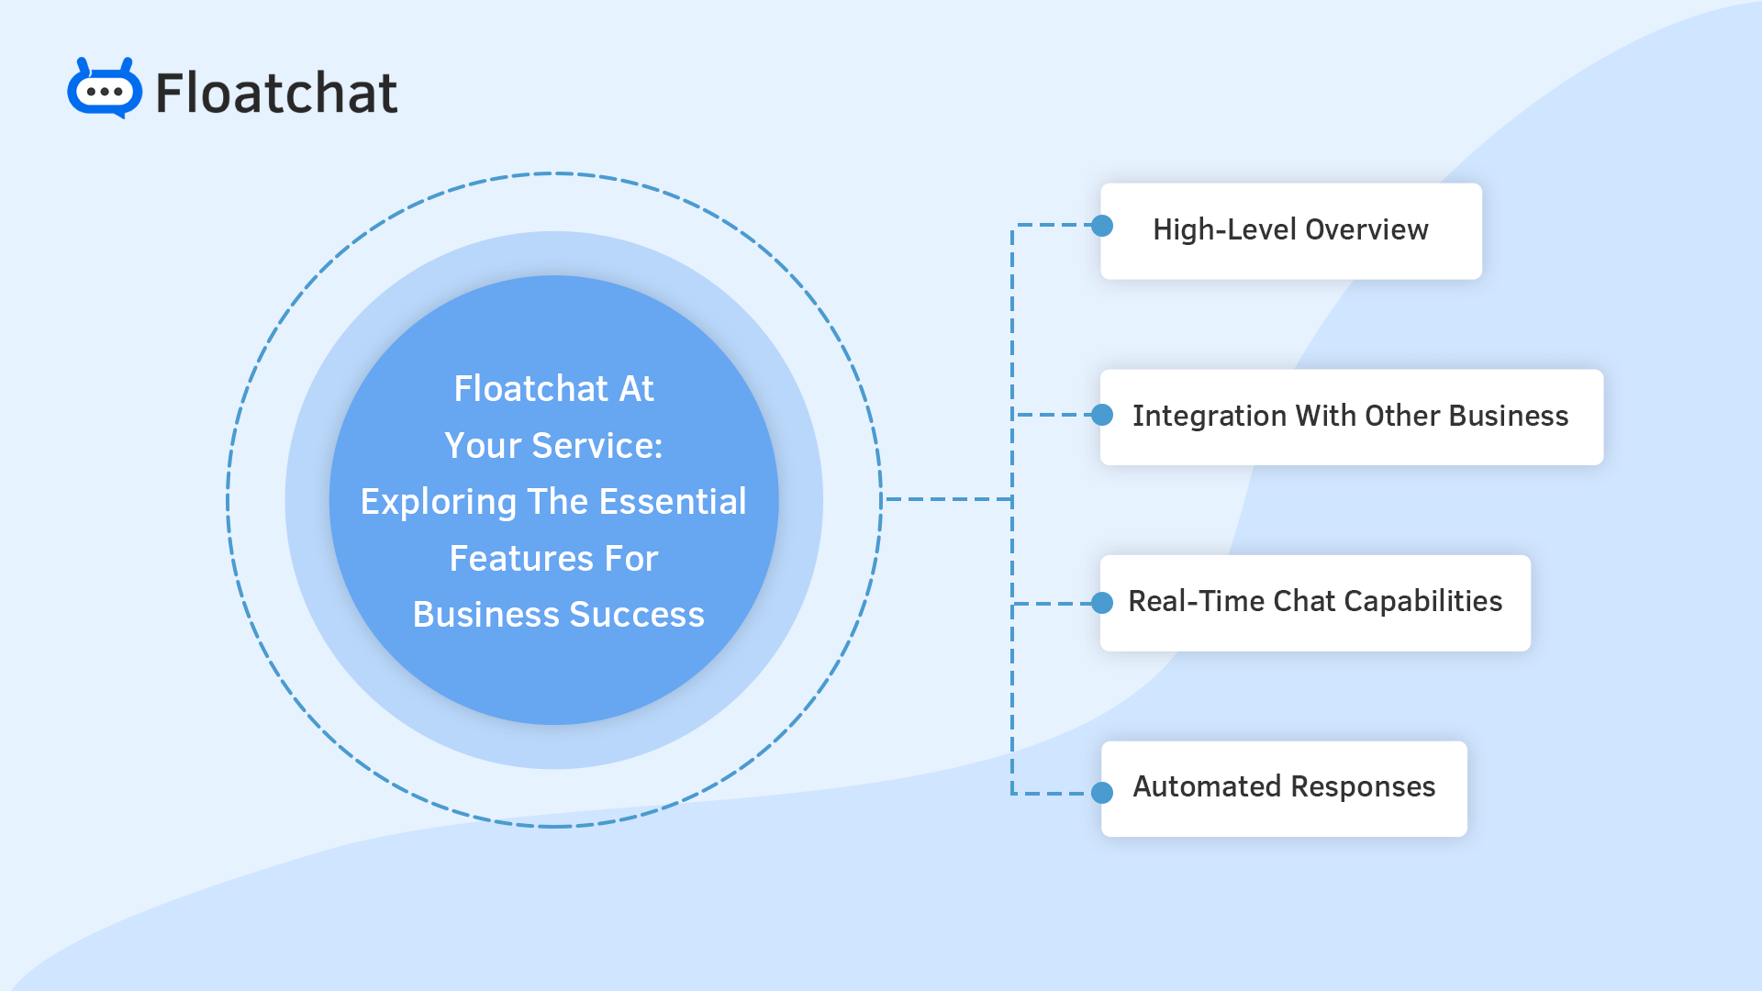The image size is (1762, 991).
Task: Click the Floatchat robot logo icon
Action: click(105, 89)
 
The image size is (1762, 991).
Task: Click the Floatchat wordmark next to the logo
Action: click(276, 93)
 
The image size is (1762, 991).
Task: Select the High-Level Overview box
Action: click(1290, 230)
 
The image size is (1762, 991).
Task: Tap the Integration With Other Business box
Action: click(1351, 417)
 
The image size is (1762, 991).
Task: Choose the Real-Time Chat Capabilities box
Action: click(1315, 602)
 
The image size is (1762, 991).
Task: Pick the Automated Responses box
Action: click(1284, 787)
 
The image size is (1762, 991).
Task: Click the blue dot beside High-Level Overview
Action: click(1102, 226)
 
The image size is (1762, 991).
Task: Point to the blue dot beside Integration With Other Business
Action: click(1102, 415)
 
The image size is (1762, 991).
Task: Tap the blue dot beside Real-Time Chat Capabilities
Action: click(1102, 603)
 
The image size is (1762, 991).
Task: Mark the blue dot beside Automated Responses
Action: click(1102, 793)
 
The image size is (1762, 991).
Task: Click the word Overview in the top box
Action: click(1366, 229)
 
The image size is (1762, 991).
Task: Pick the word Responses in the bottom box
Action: click(1363, 787)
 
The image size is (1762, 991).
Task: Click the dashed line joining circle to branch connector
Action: click(945, 499)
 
